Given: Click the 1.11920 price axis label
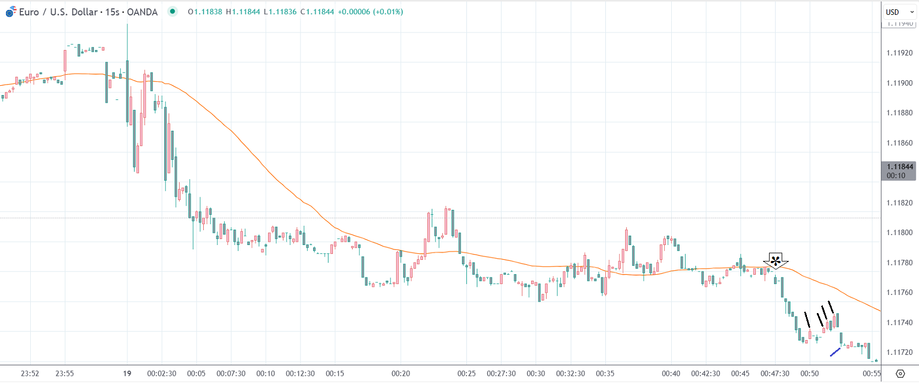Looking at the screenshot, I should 899,53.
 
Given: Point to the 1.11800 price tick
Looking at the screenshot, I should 899,233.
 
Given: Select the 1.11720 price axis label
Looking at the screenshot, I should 899,353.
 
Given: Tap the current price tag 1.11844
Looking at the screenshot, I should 899,167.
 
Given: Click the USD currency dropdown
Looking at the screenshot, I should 899,12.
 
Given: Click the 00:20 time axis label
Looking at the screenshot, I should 400,374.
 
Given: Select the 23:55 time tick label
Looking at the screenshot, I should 64,374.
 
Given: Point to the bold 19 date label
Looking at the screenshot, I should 127,374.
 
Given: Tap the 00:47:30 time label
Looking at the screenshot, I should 775,374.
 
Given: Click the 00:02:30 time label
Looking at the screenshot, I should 161,374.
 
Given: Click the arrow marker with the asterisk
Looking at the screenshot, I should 775,260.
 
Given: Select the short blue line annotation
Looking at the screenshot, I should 835,352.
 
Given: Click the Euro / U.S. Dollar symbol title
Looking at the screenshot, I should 88,12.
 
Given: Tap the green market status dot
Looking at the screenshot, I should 172,12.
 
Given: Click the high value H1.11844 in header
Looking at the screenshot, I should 243,12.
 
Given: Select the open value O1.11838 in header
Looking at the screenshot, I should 205,12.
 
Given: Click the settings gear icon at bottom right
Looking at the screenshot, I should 900,374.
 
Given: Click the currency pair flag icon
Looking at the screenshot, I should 10,12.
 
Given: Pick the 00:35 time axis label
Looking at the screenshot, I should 605,374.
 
